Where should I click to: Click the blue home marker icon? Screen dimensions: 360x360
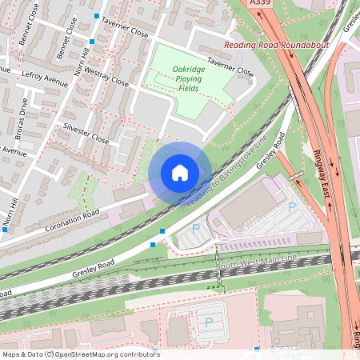click(180, 172)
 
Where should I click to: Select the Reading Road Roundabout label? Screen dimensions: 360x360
click(276, 46)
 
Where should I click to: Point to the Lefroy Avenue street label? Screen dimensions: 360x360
click(46, 78)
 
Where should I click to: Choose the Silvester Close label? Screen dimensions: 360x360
click(85, 132)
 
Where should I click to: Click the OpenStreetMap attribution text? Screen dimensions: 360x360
click(104, 354)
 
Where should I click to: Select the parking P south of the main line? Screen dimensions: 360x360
click(209, 322)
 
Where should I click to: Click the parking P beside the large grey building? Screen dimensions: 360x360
click(291, 206)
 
